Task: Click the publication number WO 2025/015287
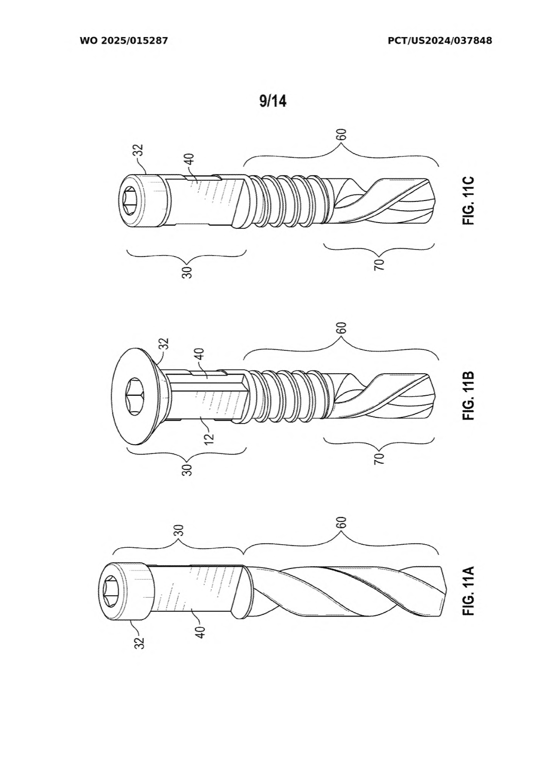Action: (x=124, y=41)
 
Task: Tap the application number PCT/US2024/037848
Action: (x=440, y=41)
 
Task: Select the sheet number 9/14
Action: (x=273, y=101)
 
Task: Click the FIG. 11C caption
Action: (x=468, y=201)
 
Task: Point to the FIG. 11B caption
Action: (x=468, y=395)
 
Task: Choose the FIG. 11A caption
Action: (x=468, y=591)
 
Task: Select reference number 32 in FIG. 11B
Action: (x=164, y=344)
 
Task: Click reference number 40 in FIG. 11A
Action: (x=201, y=632)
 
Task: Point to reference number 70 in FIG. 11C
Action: (x=379, y=265)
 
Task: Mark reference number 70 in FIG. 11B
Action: (x=379, y=458)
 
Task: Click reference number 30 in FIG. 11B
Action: (x=187, y=470)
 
